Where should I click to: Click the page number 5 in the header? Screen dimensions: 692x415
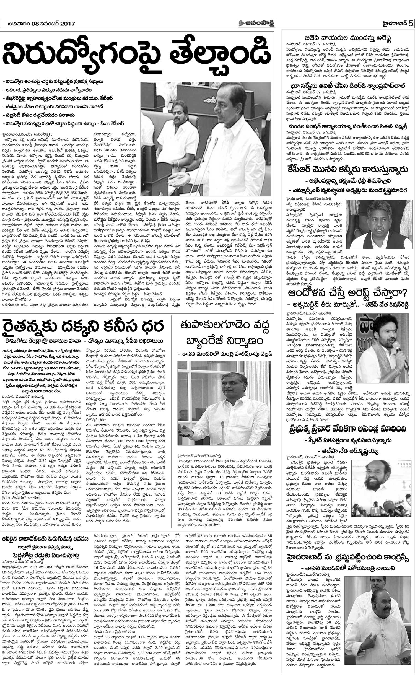point(410,24)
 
